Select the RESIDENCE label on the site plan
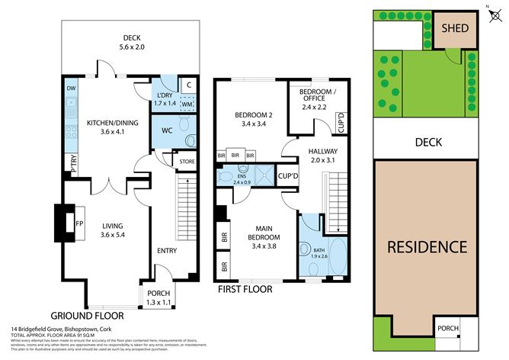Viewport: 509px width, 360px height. [426, 246]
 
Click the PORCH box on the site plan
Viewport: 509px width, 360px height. [448, 329]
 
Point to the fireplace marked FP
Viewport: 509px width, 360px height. [78, 224]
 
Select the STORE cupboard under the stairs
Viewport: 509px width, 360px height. [187, 162]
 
